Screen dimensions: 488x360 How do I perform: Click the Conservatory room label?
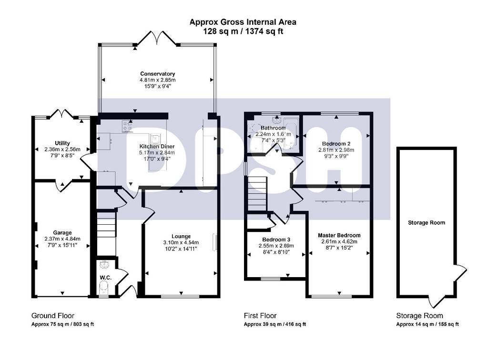point(157,74)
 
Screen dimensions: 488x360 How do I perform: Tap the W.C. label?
point(105,278)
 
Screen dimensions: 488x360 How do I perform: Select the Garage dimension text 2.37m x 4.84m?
point(62,239)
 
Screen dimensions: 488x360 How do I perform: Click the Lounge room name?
point(181,236)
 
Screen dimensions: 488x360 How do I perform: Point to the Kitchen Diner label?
point(157,146)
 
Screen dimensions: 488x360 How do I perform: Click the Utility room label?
point(62,143)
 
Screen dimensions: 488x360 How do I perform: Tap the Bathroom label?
point(273,128)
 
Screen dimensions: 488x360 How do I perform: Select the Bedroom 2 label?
point(336,144)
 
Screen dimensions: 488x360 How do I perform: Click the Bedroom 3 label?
point(276,240)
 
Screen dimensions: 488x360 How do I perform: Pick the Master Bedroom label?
point(339,235)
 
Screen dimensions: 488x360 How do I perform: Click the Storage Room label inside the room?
point(427,222)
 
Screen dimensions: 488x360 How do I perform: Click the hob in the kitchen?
point(128,126)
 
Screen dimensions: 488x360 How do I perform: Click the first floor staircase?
point(257,194)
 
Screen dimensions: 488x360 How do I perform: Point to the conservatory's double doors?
point(157,38)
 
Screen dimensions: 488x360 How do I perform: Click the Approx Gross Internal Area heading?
point(243,22)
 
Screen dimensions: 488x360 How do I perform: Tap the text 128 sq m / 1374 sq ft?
point(243,31)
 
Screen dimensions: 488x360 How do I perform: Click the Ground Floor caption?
point(52,316)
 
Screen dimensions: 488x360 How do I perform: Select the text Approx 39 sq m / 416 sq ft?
point(275,324)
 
